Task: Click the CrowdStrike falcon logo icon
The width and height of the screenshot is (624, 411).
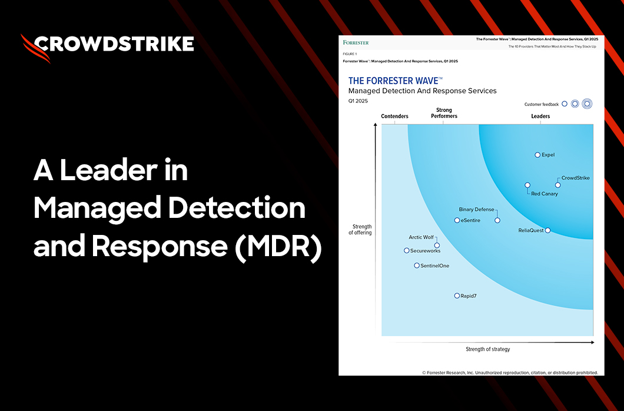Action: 35,48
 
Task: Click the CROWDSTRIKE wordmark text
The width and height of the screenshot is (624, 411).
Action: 114,44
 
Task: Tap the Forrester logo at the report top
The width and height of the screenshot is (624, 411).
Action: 356,42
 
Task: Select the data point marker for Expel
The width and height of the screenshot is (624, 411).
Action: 537,155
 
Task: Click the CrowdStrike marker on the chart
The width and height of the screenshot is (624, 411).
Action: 558,185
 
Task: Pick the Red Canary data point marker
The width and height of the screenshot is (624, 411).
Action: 527,185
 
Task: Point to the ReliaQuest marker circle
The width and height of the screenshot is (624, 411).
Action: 548,230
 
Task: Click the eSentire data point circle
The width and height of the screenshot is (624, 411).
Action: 457,220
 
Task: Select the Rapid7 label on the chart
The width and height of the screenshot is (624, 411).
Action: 469,296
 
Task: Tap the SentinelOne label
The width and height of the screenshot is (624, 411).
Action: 435,266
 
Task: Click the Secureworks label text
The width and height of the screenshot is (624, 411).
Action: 425,250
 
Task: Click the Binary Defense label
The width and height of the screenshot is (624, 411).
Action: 476,209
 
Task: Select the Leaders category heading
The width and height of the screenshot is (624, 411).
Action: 540,117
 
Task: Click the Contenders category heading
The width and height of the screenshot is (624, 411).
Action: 394,117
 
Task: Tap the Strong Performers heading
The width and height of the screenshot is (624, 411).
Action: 444,113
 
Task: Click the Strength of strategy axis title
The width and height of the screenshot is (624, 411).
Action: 487,349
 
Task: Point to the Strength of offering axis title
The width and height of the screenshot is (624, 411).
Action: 360,230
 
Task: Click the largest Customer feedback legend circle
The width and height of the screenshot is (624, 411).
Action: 586,104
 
